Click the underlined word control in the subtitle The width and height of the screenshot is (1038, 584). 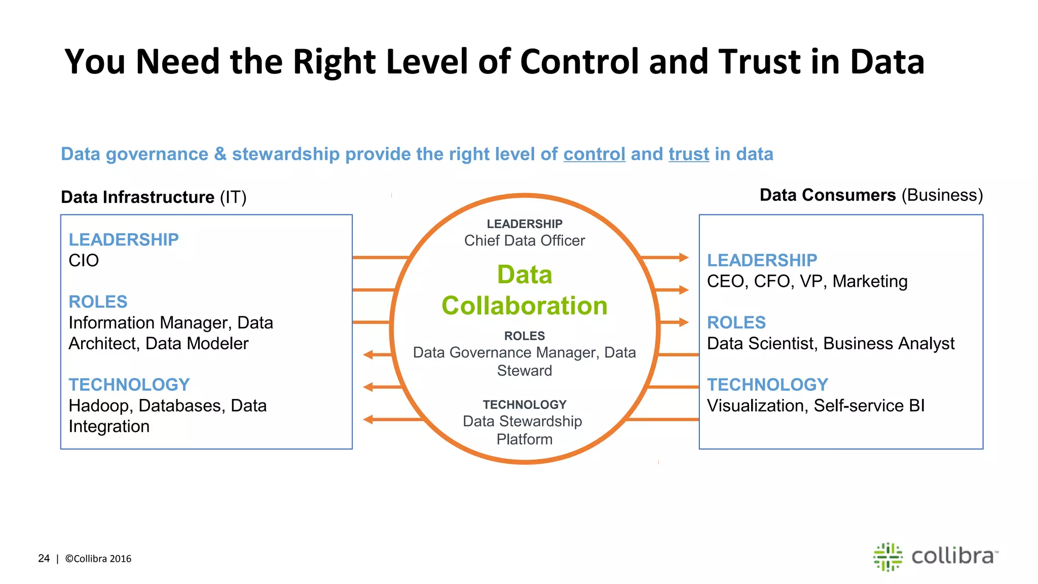(594, 154)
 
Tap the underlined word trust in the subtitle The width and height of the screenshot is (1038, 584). (689, 154)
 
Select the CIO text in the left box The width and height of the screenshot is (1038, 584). (84, 261)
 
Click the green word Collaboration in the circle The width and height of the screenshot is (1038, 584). (524, 306)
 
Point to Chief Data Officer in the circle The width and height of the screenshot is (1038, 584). (524, 241)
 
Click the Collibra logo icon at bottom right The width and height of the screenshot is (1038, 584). (887, 557)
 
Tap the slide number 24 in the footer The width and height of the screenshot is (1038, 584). (44, 559)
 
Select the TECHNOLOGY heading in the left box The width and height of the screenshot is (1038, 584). (129, 385)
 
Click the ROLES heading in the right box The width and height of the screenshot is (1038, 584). (736, 322)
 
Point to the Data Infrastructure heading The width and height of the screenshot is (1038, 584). (138, 197)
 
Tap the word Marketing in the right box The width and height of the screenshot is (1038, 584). (870, 281)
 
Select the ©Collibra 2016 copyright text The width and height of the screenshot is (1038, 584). (98, 559)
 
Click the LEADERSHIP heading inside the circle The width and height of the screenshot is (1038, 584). (524, 224)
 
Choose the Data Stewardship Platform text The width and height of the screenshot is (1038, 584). (523, 430)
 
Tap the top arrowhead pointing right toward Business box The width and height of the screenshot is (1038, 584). (684, 258)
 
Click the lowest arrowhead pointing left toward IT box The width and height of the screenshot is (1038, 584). (368, 419)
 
